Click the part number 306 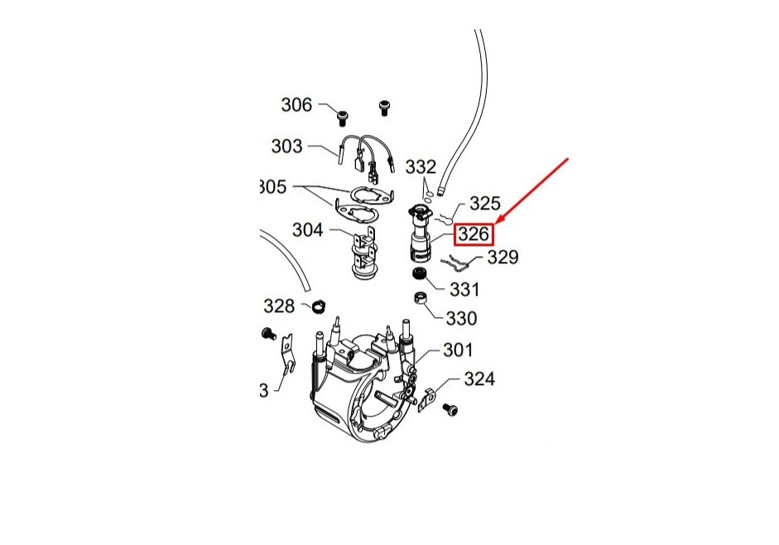point(296,105)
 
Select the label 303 point(286,147)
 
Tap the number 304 point(307,229)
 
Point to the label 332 point(421,167)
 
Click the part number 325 point(484,203)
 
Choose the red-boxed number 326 point(474,234)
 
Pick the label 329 point(502,258)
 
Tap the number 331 point(464,289)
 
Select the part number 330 point(461,318)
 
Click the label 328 point(279,306)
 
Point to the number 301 point(457,350)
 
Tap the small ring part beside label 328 point(316,308)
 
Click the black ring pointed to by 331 point(420,274)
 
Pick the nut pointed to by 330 point(420,298)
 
